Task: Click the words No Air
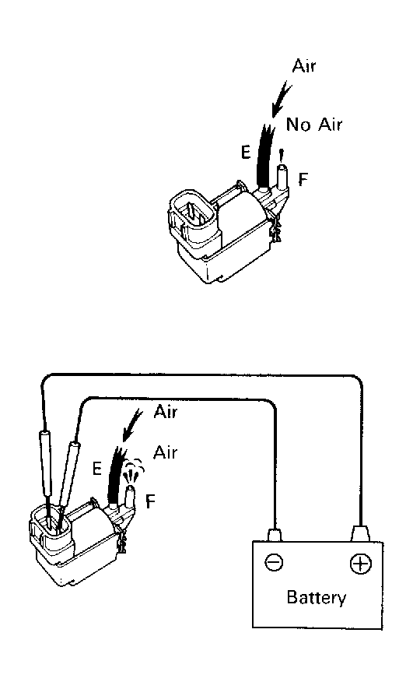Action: click(313, 125)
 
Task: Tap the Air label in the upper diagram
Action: click(303, 66)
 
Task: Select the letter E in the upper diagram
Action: click(246, 152)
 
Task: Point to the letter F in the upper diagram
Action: click(303, 179)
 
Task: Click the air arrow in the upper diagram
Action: click(280, 100)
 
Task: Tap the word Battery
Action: click(316, 598)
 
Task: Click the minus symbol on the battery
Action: click(274, 562)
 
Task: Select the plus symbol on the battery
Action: click(360, 564)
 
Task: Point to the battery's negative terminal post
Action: click(275, 534)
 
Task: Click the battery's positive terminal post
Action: click(360, 533)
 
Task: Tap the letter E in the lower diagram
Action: click(97, 469)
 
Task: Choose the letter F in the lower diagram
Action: click(150, 501)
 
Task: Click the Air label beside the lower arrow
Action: click(165, 412)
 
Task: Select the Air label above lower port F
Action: click(165, 452)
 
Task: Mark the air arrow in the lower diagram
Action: click(132, 425)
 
